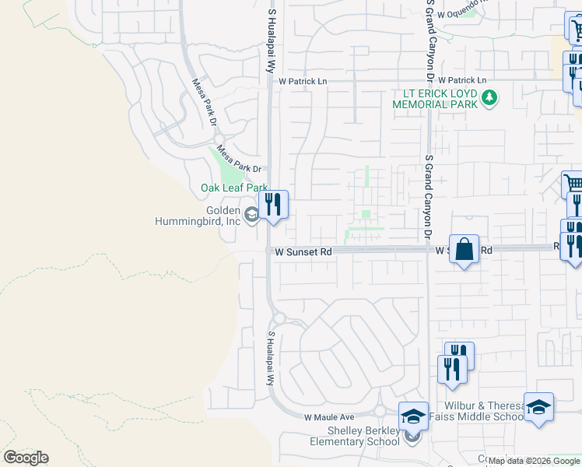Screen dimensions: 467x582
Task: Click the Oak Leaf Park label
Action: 233,188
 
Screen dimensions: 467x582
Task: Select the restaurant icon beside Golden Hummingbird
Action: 273,205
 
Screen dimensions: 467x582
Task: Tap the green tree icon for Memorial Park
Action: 489,98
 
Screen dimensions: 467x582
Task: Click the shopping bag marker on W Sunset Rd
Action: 464,250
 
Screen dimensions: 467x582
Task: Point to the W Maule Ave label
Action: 329,418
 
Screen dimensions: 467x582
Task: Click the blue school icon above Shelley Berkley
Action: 414,415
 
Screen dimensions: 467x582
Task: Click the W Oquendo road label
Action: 460,13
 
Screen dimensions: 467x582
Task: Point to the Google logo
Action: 26,458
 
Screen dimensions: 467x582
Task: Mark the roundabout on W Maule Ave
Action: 380,412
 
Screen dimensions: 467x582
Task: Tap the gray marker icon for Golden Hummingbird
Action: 251,216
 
